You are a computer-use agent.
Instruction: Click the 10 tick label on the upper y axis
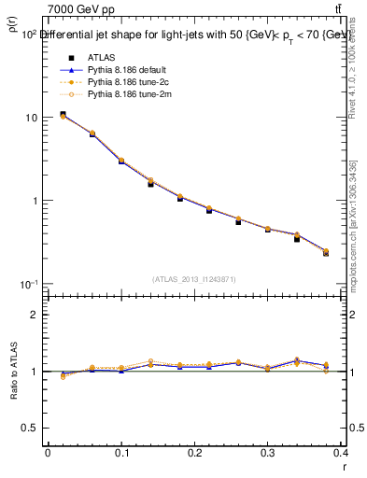click(31, 119)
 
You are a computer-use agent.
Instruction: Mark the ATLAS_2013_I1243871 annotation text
click(194, 279)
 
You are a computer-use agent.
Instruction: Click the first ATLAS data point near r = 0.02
click(63, 115)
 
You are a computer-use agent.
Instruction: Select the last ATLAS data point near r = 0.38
click(325, 253)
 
